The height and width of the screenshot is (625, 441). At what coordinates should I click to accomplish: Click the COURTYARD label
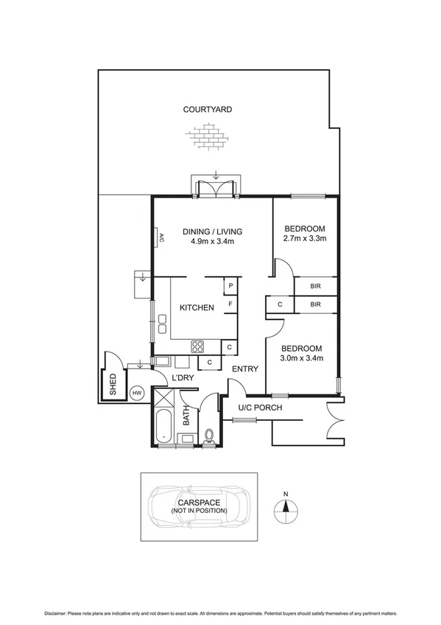click(207, 109)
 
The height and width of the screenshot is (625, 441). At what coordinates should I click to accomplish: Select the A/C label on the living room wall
click(160, 237)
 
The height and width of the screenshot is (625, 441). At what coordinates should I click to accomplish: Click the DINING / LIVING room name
click(212, 231)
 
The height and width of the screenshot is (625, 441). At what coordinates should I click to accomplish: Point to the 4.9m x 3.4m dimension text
click(212, 241)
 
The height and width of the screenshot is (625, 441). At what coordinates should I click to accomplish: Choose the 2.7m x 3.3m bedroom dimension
click(305, 238)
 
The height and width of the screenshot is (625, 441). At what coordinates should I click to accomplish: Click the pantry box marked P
click(230, 286)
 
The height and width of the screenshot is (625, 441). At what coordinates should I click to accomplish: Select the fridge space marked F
click(230, 304)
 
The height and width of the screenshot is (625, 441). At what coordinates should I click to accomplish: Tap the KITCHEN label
click(197, 307)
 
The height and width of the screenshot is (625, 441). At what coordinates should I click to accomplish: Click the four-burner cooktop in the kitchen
click(198, 346)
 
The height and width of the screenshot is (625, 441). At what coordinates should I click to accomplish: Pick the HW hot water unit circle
click(136, 394)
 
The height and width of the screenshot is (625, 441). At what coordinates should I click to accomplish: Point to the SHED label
click(113, 386)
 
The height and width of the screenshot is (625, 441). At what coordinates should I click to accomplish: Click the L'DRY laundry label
click(183, 378)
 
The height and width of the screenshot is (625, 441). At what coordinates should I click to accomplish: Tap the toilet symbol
click(209, 436)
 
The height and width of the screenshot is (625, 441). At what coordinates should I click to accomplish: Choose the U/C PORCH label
click(261, 408)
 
